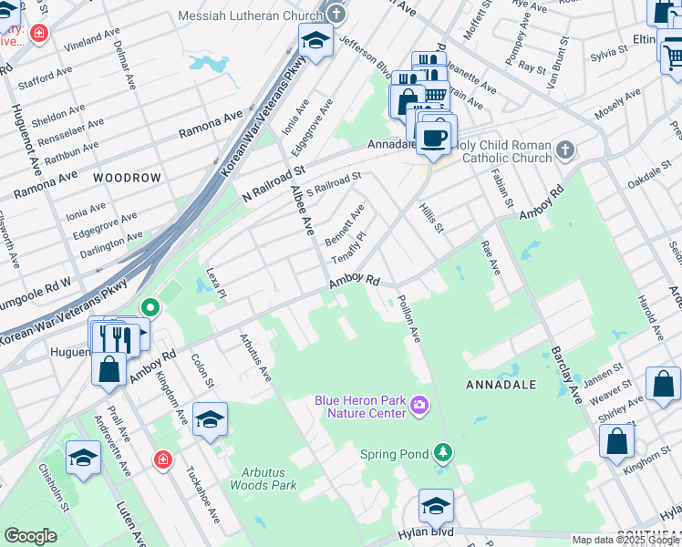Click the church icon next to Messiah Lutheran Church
pyautogui.click(x=336, y=15)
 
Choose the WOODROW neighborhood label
pyautogui.click(x=127, y=178)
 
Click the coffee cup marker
pyautogui.click(x=432, y=138)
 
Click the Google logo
pyautogui.click(x=30, y=535)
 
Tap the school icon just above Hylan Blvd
pyautogui.click(x=436, y=505)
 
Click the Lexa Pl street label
pyautogui.click(x=215, y=284)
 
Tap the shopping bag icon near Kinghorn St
pyautogui.click(x=616, y=441)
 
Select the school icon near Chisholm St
pyautogui.click(x=84, y=458)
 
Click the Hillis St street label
pyautogui.click(x=431, y=217)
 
